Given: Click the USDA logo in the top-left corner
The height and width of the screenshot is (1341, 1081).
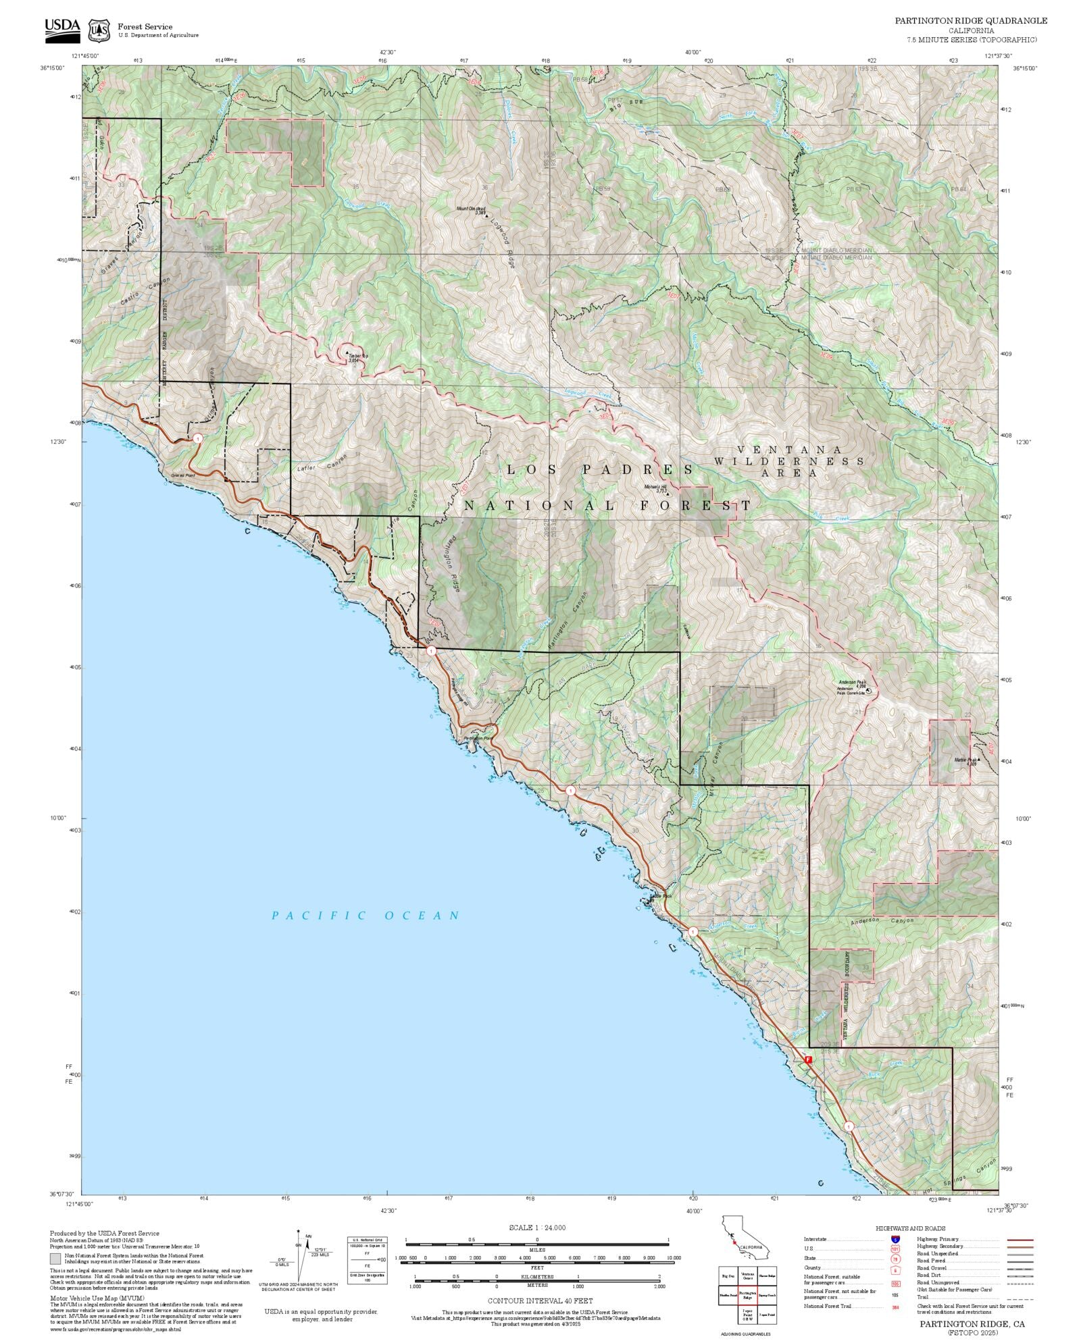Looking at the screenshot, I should coord(62,30).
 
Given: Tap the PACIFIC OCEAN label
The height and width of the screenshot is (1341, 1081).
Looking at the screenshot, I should coord(366,916).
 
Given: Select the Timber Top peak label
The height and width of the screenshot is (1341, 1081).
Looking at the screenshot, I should coord(357,357).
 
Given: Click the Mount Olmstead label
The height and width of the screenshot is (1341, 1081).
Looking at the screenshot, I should coord(471,209).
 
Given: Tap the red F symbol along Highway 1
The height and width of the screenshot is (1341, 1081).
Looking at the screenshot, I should coord(808,1060).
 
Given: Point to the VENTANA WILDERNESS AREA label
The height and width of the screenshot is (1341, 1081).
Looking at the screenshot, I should coord(789,461).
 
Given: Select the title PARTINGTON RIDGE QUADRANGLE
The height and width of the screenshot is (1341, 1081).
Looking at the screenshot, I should coord(971,21).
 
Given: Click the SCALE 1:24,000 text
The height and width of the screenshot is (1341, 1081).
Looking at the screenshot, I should coord(537,1228).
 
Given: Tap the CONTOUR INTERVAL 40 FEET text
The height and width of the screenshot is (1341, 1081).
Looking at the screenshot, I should coord(540,1300).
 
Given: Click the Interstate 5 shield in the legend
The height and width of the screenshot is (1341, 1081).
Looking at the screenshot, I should coord(895,1240).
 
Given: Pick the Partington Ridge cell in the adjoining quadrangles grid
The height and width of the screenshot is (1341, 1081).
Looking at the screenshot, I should coord(747,1295).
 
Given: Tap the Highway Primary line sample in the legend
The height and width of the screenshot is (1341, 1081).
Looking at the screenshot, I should coord(1020,1240).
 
